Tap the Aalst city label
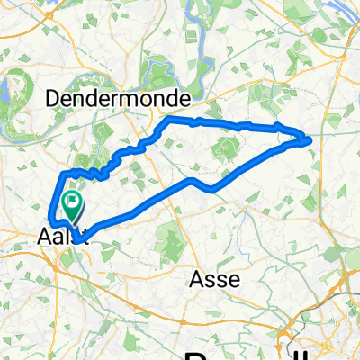coord(65,237)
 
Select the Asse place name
coord(214,279)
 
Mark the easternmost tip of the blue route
coord(310,139)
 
